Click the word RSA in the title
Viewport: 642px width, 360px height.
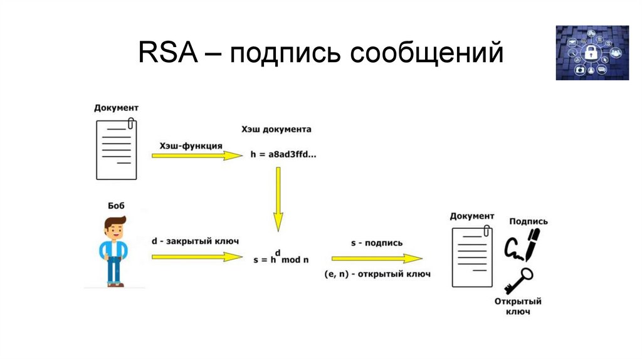(167, 53)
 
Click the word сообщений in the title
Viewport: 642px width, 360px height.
(426, 53)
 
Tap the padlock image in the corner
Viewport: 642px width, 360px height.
(592, 53)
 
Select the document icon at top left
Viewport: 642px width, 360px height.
(116, 149)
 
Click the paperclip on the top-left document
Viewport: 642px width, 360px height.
(131, 124)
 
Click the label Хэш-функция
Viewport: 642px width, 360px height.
(186, 145)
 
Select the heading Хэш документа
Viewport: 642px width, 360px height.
(276, 130)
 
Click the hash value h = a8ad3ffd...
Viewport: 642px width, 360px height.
(283, 154)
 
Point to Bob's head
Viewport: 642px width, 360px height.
(115, 226)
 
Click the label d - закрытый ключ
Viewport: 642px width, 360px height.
(195, 241)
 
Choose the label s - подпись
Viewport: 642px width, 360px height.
(377, 243)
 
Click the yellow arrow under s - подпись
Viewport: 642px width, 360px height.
(377, 258)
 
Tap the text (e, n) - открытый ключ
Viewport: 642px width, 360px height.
(377, 274)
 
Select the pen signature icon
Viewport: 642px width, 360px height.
(522, 245)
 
